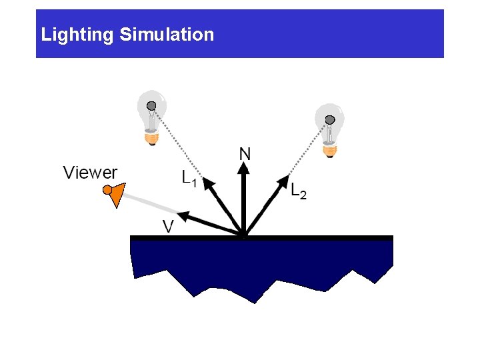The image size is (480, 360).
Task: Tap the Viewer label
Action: (90, 173)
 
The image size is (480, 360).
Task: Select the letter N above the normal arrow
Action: (245, 154)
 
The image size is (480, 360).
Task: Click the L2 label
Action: (299, 191)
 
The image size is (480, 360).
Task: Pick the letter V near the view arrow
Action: (169, 227)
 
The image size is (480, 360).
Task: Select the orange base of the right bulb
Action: (329, 150)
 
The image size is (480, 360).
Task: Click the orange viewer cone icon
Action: (115, 194)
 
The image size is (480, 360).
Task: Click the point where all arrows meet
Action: (245, 234)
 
